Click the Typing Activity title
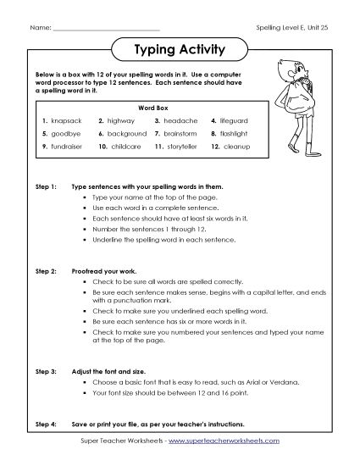click(x=180, y=49)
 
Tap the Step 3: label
click(x=45, y=371)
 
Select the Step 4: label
click(x=45, y=423)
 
